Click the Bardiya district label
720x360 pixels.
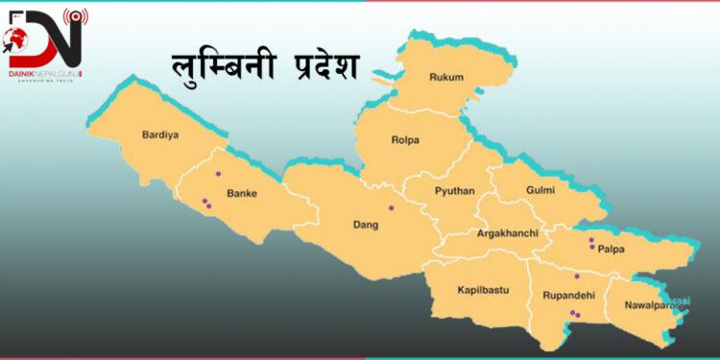[x=160, y=134]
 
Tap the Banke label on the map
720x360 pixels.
[x=241, y=193]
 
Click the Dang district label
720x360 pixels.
[x=366, y=226]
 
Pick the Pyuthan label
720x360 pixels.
[x=454, y=191]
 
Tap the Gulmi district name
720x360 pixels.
[x=540, y=190]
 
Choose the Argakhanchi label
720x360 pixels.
[x=507, y=233]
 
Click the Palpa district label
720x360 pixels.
[x=611, y=250]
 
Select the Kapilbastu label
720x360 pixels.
[x=483, y=289]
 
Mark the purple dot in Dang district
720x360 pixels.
[x=391, y=208]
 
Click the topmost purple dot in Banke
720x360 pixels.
[x=219, y=174]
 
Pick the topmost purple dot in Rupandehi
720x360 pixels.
[x=576, y=276]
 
